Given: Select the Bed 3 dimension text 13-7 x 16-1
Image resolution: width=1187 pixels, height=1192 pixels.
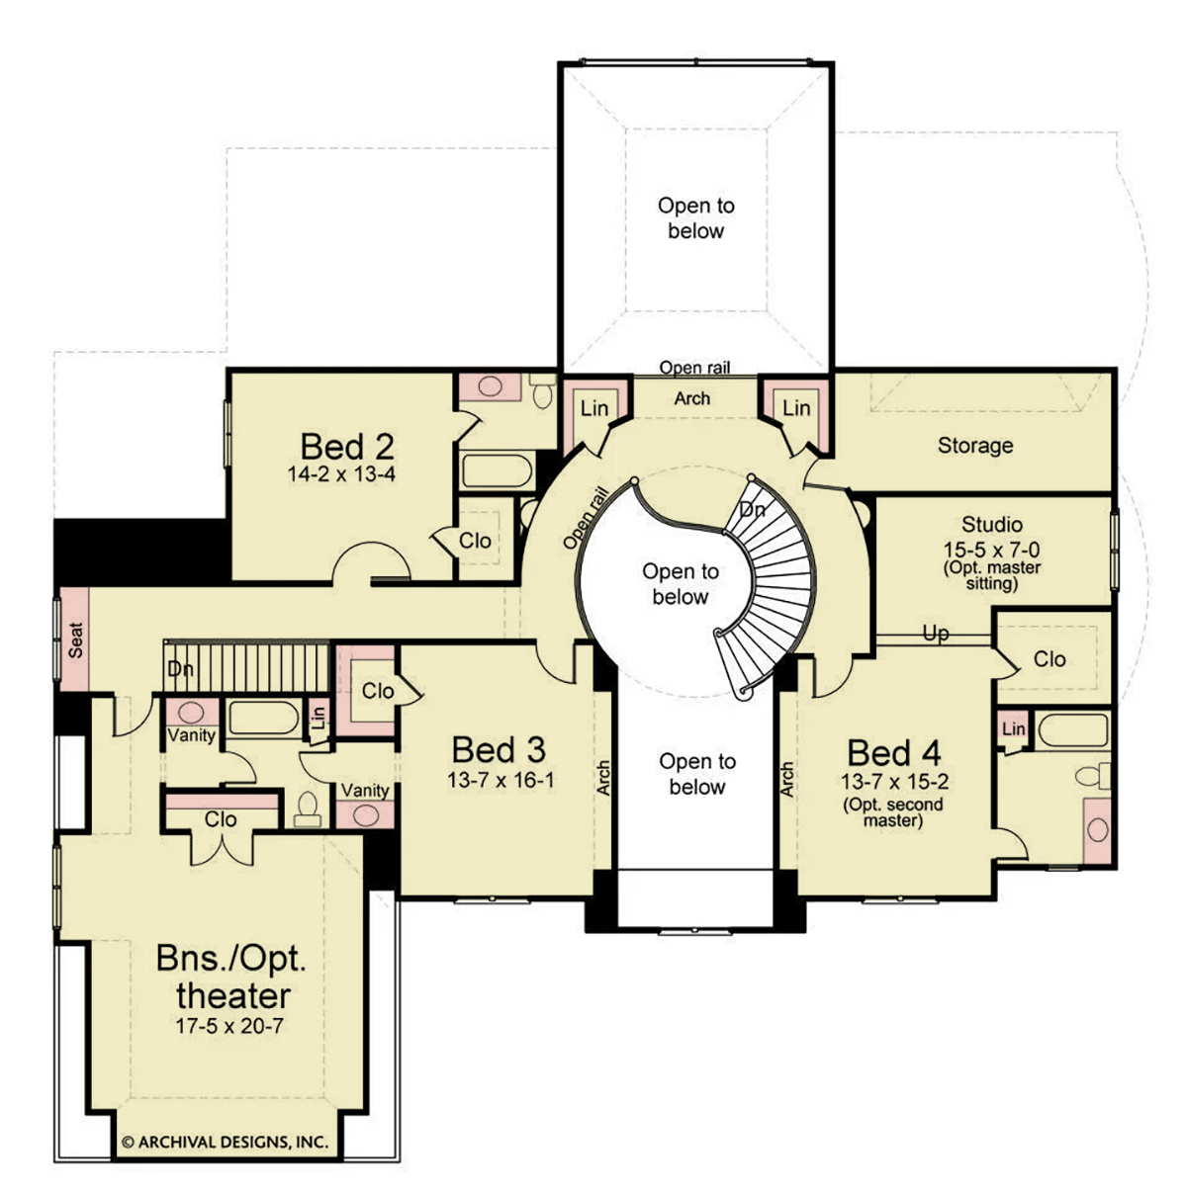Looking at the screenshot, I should tap(500, 780).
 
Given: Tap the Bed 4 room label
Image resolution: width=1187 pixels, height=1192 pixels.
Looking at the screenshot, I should tap(893, 752).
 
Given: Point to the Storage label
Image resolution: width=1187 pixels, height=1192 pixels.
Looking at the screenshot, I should tap(975, 446).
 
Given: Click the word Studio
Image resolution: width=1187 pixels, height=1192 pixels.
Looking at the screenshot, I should tap(991, 524).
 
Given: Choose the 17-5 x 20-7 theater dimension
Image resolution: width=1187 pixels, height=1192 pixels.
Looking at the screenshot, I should tap(229, 1026).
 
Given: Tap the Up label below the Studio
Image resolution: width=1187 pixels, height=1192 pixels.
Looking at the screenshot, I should tap(935, 633).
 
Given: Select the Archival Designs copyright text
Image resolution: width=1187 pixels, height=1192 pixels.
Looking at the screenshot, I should tap(224, 1142).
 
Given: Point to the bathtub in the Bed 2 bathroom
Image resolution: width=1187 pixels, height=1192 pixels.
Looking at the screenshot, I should tap(498, 470).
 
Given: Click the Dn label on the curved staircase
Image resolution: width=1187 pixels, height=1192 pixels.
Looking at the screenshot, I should tap(753, 510).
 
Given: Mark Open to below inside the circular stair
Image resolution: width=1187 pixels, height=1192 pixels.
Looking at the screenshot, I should tap(681, 584).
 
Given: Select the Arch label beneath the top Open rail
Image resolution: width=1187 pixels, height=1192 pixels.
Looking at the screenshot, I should tap(691, 398).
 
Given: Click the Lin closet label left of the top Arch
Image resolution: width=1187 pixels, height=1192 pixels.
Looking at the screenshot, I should tap(593, 407).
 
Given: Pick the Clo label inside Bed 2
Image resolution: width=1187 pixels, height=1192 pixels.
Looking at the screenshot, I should tap(475, 541).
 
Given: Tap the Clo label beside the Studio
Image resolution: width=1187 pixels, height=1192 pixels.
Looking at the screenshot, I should tap(1050, 658).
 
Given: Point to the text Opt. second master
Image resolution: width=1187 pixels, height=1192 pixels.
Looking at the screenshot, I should tap(893, 811).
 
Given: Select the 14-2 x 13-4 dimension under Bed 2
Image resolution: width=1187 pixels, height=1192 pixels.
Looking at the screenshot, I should tap(341, 474).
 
